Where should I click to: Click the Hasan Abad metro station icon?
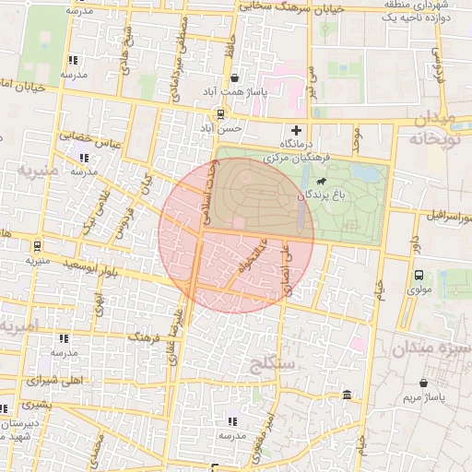(219, 113)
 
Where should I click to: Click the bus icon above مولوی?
(419, 275)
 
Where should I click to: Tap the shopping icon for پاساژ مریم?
(423, 383)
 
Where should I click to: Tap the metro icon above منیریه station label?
(36, 246)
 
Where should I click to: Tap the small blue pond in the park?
(366, 172)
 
